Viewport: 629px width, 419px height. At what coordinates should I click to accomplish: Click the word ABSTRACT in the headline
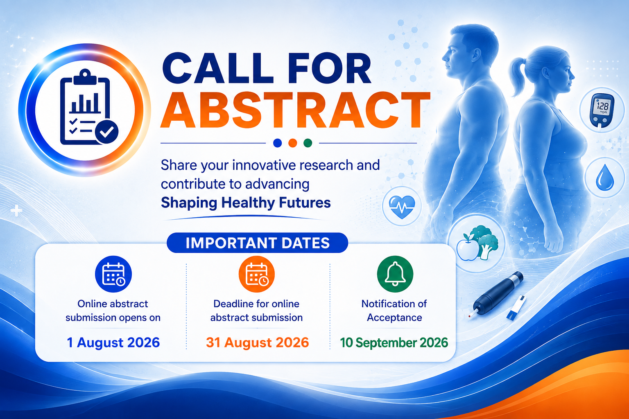click(295, 110)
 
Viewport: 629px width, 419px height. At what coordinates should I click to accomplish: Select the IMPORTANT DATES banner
click(257, 243)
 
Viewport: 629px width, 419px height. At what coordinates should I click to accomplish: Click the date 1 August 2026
click(113, 342)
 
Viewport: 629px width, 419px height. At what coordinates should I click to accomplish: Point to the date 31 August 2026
click(257, 342)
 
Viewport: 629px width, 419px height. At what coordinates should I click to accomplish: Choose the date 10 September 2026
click(394, 342)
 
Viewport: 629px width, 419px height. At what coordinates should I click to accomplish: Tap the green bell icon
click(395, 274)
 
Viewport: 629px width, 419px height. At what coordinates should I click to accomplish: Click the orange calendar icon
click(257, 274)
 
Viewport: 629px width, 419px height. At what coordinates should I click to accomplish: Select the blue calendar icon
click(113, 274)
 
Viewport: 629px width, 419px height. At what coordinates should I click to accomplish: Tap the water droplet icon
click(604, 177)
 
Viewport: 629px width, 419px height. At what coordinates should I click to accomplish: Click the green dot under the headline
click(308, 143)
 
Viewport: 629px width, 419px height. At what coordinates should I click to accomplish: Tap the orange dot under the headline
click(293, 143)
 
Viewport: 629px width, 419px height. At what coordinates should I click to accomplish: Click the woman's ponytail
click(518, 75)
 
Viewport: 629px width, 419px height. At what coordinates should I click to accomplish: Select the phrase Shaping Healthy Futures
click(246, 203)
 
